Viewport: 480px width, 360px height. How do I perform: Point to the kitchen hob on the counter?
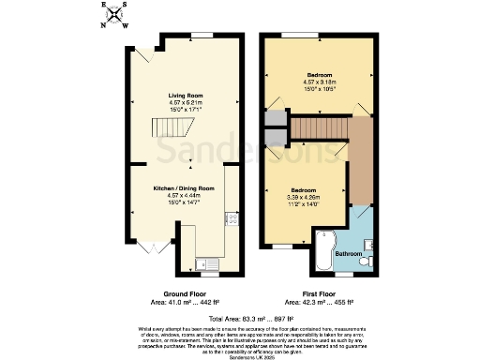coord(230,222)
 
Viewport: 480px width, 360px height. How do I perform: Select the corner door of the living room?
coord(142,56)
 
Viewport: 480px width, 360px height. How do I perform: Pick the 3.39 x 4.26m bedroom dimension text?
coord(303,198)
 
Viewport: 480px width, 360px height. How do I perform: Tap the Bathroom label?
coord(349,254)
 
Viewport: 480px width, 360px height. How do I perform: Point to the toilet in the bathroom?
coord(371,260)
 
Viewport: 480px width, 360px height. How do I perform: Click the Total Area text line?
coord(240,320)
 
